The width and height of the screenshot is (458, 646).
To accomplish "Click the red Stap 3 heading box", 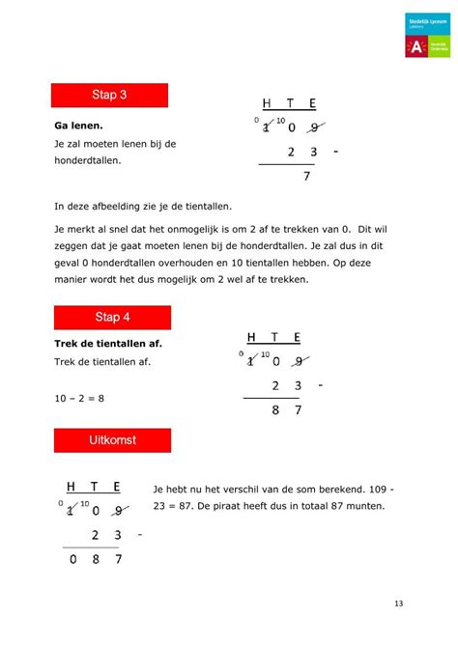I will click(109, 95).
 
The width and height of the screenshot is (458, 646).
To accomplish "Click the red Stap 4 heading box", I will click(111, 317).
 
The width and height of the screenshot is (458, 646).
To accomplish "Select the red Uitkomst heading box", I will click(113, 440).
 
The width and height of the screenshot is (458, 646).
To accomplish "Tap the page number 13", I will click(398, 604).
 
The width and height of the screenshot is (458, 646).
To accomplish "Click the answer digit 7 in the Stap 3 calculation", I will click(306, 177).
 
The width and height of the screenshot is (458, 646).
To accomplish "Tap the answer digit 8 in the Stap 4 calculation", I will click(277, 410).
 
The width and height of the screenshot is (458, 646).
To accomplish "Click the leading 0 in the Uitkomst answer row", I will click(71, 559).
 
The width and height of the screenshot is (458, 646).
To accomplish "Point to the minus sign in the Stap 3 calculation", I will click(335, 153).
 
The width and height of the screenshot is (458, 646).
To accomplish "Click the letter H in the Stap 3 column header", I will click(266, 104).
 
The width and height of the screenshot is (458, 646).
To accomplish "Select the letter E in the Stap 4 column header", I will click(298, 337).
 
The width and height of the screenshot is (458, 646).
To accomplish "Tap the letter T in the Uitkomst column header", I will click(94, 487).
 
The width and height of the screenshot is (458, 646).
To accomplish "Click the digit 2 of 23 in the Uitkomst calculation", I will click(96, 535).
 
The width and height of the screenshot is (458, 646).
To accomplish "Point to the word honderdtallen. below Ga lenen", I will click(89, 160).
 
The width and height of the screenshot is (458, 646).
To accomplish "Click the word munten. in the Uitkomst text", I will click(362, 506).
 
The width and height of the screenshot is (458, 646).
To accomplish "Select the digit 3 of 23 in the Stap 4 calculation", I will click(300, 385).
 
